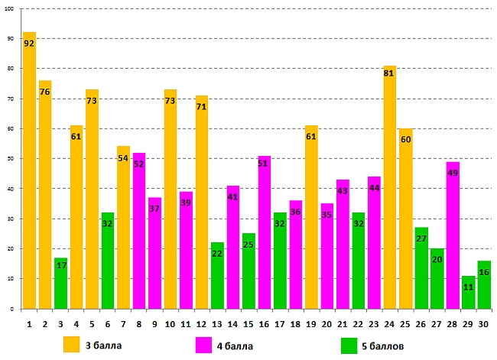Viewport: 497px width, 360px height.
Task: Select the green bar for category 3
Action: pyautogui.click(x=61, y=283)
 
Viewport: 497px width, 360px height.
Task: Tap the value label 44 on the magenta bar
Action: pyautogui.click(x=374, y=189)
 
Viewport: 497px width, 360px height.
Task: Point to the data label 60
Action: pyautogui.click(x=405, y=140)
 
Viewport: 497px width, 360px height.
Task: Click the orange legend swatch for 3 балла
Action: pyautogui.click(x=72, y=345)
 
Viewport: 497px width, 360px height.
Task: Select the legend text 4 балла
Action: pyautogui.click(x=234, y=346)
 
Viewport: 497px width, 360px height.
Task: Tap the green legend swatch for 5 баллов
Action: pyautogui.click(x=349, y=345)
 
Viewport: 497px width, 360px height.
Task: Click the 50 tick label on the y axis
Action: pyautogui.click(x=10, y=159)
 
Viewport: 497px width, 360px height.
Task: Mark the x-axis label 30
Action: pyautogui.click(x=484, y=324)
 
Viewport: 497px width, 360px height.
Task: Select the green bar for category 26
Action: pyautogui.click(x=421, y=268)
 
